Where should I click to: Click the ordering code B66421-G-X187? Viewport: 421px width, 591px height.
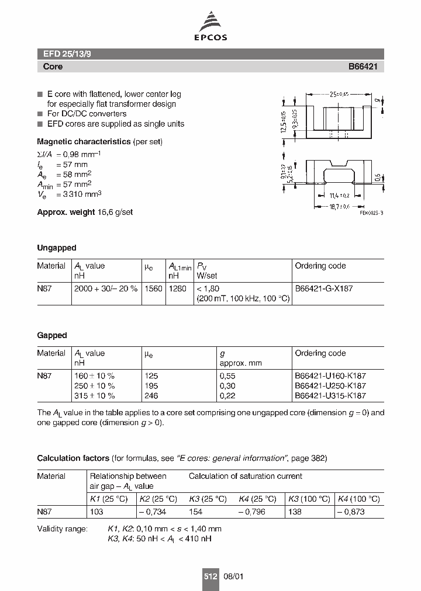323,288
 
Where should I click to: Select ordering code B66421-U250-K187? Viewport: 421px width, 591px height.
330,386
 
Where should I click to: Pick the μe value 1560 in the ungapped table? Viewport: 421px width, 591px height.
153,288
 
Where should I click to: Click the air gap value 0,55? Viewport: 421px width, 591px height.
227,376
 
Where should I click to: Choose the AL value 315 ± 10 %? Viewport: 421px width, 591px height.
94,396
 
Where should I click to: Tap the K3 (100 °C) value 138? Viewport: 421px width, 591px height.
296,512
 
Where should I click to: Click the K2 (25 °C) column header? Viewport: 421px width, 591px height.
157,499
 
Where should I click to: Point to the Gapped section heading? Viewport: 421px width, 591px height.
52,335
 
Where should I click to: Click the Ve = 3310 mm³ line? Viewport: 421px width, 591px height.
69,194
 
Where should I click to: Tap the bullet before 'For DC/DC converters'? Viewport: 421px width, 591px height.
40,114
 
